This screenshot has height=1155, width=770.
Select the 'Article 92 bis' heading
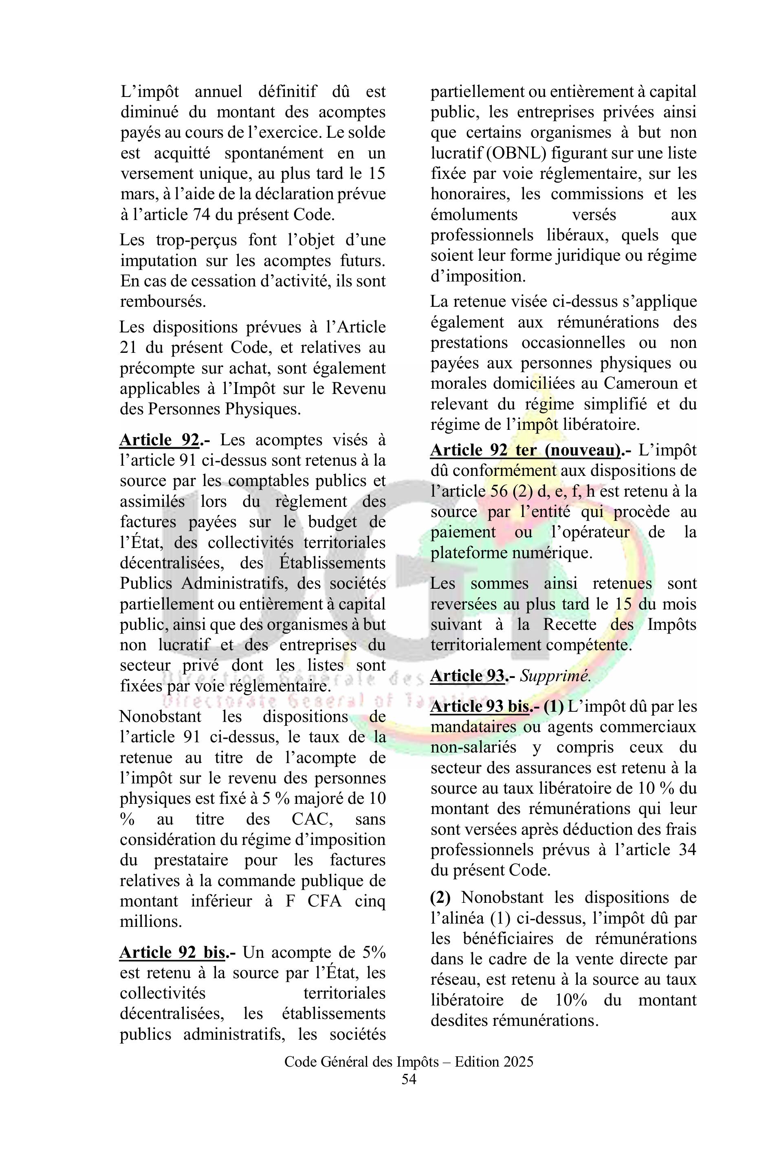click(173, 952)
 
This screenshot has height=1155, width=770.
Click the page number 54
click(409, 1079)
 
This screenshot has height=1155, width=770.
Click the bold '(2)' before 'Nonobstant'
click(440, 897)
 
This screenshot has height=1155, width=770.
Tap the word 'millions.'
click(151, 921)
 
